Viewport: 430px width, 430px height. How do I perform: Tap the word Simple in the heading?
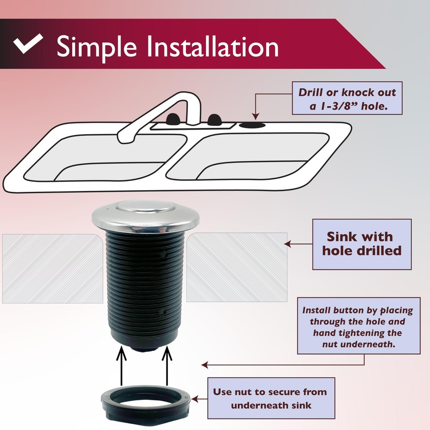(97, 46)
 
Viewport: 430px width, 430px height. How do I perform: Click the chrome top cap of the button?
(145, 213)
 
